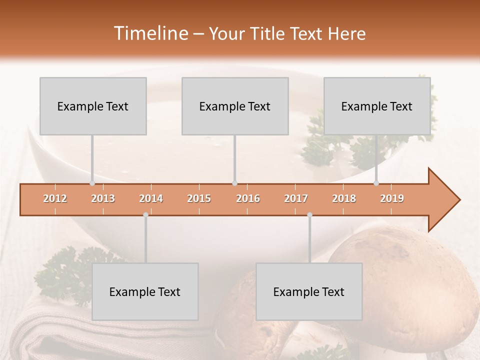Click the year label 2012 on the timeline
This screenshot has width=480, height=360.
click(55, 198)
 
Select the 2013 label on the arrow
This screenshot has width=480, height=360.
click(103, 198)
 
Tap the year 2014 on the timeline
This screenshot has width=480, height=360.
click(151, 198)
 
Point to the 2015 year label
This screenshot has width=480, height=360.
click(199, 198)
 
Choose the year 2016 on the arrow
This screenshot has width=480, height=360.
click(248, 198)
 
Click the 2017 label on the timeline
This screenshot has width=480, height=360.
click(296, 198)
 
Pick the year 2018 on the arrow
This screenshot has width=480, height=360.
click(344, 198)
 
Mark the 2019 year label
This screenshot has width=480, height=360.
click(392, 198)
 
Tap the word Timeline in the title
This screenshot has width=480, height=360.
click(149, 33)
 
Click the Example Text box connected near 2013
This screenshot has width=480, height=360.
click(93, 106)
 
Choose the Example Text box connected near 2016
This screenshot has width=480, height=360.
click(235, 106)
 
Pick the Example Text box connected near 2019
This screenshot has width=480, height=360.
click(377, 106)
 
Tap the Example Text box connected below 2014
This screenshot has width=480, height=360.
click(145, 291)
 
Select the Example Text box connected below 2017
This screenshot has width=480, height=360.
click(309, 291)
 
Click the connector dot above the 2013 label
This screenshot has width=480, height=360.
click(92, 183)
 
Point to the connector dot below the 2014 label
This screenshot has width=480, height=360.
click(145, 214)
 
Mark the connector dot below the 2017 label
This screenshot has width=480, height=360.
click(309, 214)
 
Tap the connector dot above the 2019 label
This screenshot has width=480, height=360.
click(376, 183)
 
